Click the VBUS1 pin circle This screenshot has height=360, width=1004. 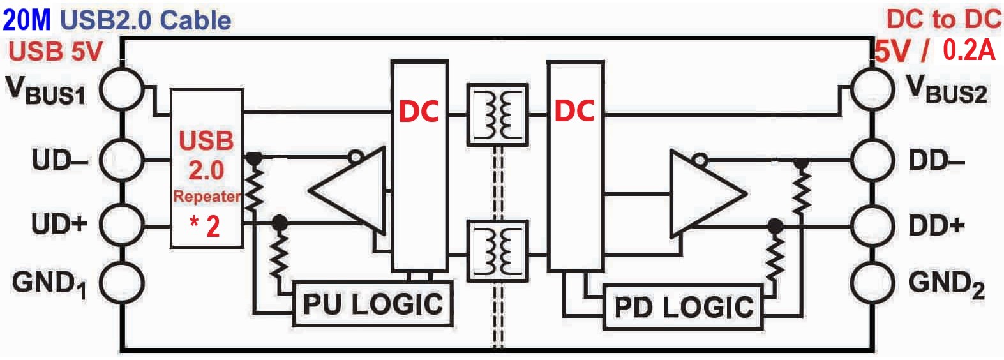pos(100,89)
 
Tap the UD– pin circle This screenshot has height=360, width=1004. pos(100,160)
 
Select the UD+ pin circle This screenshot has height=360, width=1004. pos(100,223)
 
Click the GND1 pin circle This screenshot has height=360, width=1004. pos(100,283)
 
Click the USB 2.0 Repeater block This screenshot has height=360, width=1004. pos(207,168)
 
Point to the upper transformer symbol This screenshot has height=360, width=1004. pos(497,115)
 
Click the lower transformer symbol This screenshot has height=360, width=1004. pos(497,251)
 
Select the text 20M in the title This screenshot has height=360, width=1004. pos(27,20)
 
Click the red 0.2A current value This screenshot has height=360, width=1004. pos(969,50)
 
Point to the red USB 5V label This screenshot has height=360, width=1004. pos(56,51)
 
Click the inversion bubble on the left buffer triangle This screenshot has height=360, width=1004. pos(356,157)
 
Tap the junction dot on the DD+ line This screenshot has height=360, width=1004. pos(775,226)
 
